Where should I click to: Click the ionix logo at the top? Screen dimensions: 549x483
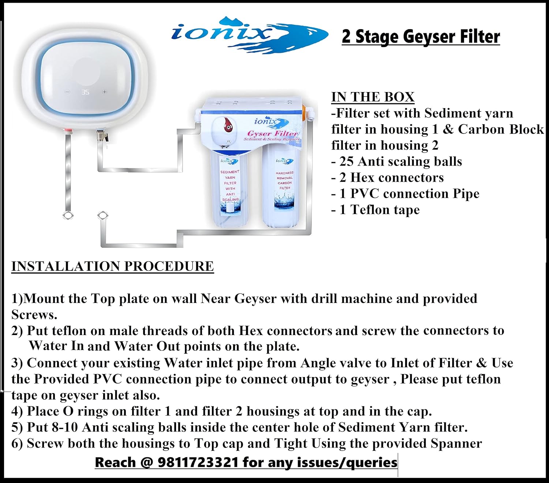(x=249, y=35)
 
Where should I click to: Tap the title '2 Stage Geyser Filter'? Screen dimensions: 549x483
(x=421, y=37)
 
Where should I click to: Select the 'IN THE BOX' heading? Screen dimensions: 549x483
(x=373, y=97)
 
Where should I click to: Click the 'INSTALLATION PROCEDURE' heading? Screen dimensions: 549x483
(x=112, y=266)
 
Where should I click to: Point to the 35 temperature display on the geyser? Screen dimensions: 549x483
(x=86, y=92)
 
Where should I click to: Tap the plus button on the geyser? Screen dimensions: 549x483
(x=105, y=92)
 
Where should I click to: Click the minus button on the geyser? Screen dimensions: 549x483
(x=67, y=92)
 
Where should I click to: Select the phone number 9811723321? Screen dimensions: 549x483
(x=198, y=462)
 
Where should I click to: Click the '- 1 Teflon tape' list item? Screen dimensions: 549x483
(x=376, y=210)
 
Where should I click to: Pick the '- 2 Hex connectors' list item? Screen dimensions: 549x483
(x=388, y=178)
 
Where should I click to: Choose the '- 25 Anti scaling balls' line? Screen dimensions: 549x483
(x=397, y=161)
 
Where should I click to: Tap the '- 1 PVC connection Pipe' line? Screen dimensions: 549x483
(x=406, y=194)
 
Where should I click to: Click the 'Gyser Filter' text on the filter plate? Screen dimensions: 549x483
(x=272, y=133)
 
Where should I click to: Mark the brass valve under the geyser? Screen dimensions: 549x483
(x=103, y=135)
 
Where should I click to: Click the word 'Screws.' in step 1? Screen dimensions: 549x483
(x=34, y=315)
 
